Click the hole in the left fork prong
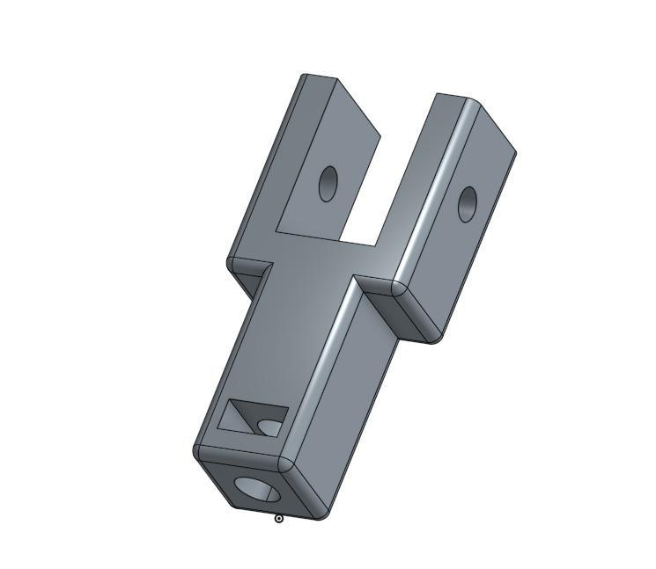pos(328,183)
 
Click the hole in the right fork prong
pos(468,204)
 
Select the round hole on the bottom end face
pos(254,488)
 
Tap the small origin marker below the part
pos(279,519)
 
